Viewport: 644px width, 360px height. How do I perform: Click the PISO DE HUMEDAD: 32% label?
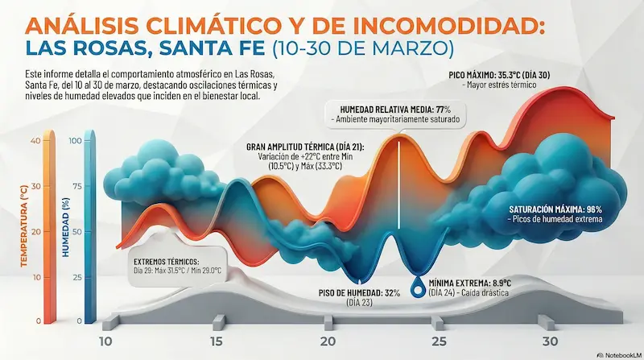click(360, 293)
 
